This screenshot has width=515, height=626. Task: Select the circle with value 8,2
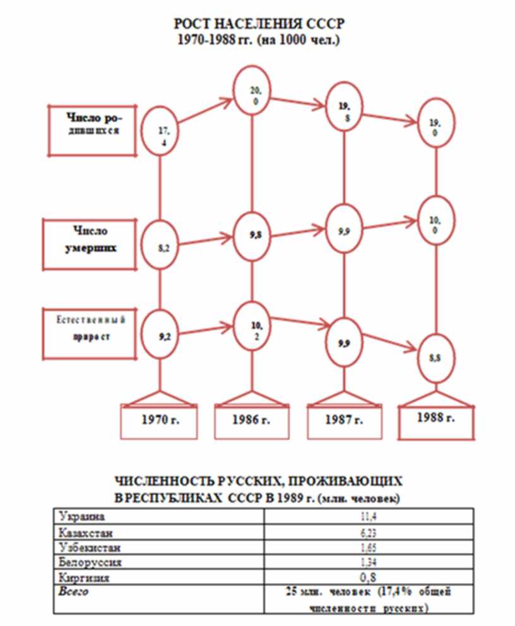pyautogui.click(x=162, y=247)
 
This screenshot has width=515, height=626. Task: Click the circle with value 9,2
pyautogui.click(x=162, y=336)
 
